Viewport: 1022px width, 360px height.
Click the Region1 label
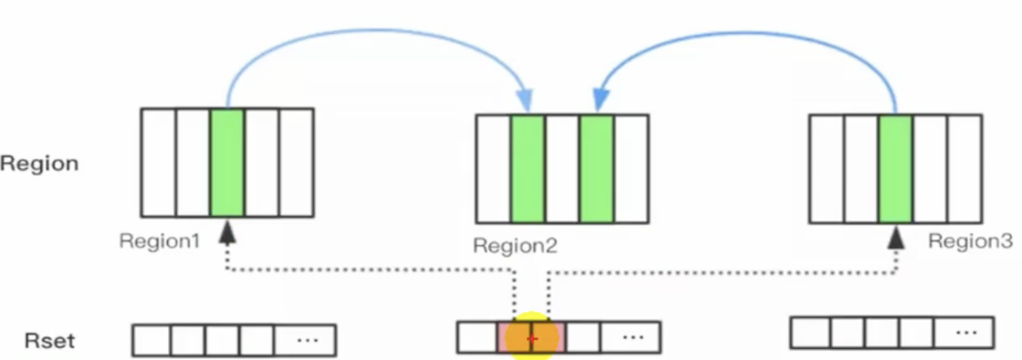coord(159,241)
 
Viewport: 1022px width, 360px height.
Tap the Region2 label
coord(515,246)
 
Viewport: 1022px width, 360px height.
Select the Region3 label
coord(970,241)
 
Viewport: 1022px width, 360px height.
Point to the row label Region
coord(40,163)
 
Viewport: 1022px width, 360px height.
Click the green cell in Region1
coord(227,163)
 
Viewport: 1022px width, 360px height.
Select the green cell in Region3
coord(895,169)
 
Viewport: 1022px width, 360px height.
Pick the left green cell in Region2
coord(527,169)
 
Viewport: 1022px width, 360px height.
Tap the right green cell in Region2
coord(596,169)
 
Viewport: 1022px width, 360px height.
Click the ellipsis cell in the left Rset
coord(306,341)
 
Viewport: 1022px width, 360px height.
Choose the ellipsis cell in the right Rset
coord(964,332)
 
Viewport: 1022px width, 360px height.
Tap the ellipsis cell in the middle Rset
coord(630,336)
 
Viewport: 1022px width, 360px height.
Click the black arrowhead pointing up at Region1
coord(228,234)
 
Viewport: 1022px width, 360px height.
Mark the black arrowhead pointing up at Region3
coord(895,238)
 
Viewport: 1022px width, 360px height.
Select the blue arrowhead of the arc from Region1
coord(526,101)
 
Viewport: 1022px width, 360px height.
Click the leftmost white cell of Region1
coord(158,163)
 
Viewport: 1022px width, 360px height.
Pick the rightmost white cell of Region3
coord(964,169)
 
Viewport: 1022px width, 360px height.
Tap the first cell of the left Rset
coord(151,341)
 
